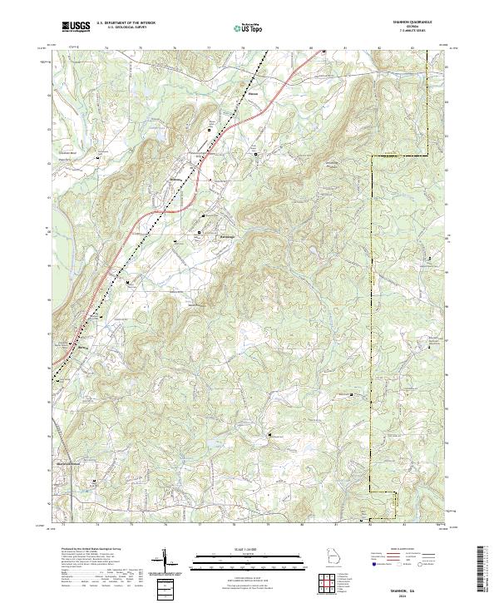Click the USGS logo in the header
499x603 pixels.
pyautogui.click(x=76, y=27)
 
